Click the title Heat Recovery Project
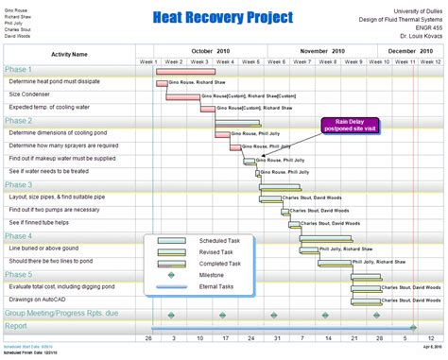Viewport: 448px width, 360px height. (222, 19)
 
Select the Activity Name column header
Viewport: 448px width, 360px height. (68, 55)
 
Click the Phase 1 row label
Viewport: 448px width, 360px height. (19, 70)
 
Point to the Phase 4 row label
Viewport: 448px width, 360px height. (19, 236)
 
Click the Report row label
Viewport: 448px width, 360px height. (16, 326)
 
